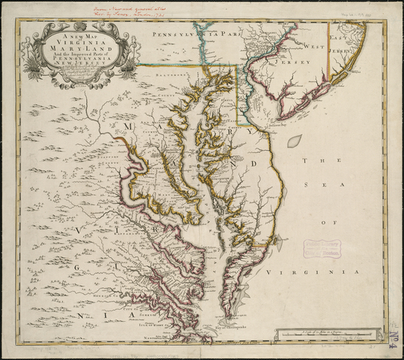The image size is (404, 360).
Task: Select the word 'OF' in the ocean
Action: click(325, 222)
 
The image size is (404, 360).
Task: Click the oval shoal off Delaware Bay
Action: click(295, 140)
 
